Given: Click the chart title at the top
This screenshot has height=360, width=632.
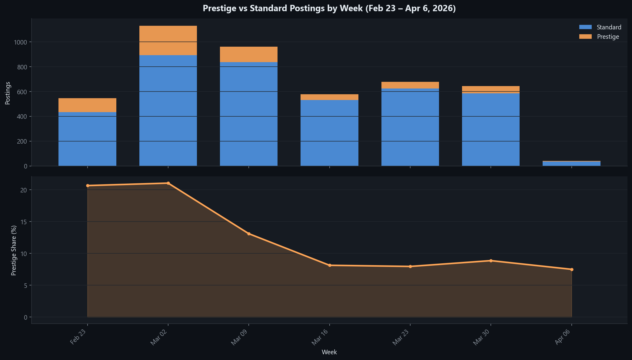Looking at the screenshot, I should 329,8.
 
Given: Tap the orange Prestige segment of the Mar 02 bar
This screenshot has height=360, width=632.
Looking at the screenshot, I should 168,40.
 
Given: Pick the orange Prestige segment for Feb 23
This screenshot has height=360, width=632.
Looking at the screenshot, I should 87,105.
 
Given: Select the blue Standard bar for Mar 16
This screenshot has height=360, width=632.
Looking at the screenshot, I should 329,133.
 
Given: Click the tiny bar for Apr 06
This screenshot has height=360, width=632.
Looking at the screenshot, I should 571,164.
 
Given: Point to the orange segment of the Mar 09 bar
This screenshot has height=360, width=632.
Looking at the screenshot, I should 248,55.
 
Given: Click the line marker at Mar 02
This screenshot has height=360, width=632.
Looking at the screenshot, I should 168,183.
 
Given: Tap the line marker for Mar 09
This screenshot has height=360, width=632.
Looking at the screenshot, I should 249,234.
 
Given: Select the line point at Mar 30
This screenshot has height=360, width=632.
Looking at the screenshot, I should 491,261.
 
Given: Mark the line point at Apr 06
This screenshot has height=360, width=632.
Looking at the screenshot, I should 572,269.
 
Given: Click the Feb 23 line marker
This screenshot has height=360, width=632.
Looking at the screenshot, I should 88,185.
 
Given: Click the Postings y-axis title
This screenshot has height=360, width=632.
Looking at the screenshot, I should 8,93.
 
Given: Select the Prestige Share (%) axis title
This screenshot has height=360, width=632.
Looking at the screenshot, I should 14,250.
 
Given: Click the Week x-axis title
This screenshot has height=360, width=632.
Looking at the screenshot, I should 329,352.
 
